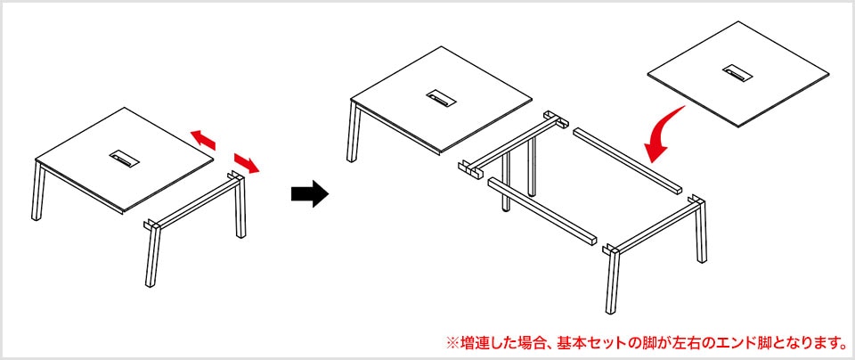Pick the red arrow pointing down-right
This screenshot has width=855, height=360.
point(248,164)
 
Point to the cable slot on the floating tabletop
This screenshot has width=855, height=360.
point(737,70)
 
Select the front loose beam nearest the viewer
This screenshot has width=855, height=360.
point(543,212)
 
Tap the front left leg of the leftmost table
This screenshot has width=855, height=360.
point(38,192)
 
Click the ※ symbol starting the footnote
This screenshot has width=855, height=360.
point(451,341)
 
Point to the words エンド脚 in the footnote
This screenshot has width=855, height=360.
point(746,341)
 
